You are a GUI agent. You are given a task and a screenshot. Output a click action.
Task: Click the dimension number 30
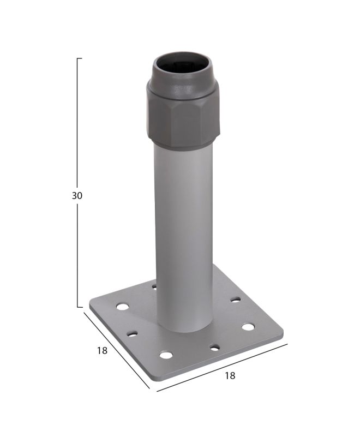tap(77, 195)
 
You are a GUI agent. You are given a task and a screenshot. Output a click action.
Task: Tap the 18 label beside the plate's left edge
tap(103, 351)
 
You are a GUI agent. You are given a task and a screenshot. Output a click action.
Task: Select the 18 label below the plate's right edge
tap(230, 375)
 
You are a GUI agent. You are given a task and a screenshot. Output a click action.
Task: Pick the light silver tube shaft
tap(183, 237)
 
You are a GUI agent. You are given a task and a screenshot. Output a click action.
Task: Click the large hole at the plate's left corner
tap(122, 306)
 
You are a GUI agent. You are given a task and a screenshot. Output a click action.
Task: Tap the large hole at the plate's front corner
tap(166, 355)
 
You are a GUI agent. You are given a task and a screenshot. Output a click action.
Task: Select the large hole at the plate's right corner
tap(248, 327)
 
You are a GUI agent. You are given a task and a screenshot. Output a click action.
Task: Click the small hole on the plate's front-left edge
tap(131, 334)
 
